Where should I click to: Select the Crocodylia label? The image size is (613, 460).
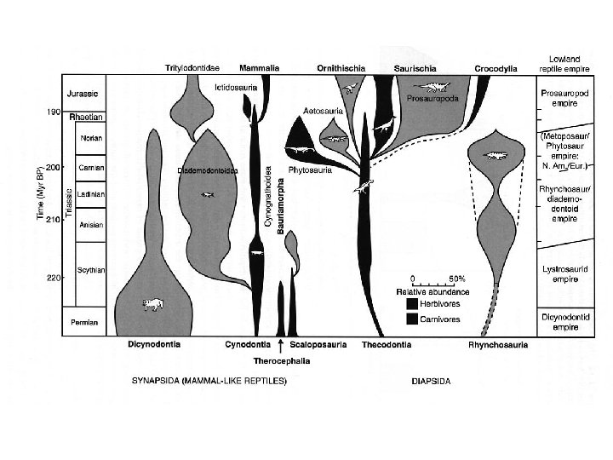pyautogui.click(x=491, y=67)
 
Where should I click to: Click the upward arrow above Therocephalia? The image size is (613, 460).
pyautogui.click(x=281, y=343)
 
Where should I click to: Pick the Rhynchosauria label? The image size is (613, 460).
pyautogui.click(x=498, y=345)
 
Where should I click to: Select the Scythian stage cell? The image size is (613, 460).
pyautogui.click(x=91, y=270)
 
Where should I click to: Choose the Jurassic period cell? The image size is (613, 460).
pyautogui.click(x=84, y=93)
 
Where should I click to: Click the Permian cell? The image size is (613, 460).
pyautogui.click(x=84, y=323)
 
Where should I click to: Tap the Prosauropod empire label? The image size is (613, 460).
pyautogui.click(x=559, y=98)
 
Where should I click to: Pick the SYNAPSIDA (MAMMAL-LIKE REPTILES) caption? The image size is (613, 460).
pyautogui.click(x=209, y=380)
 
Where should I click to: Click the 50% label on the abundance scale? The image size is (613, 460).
pyautogui.click(x=457, y=279)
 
